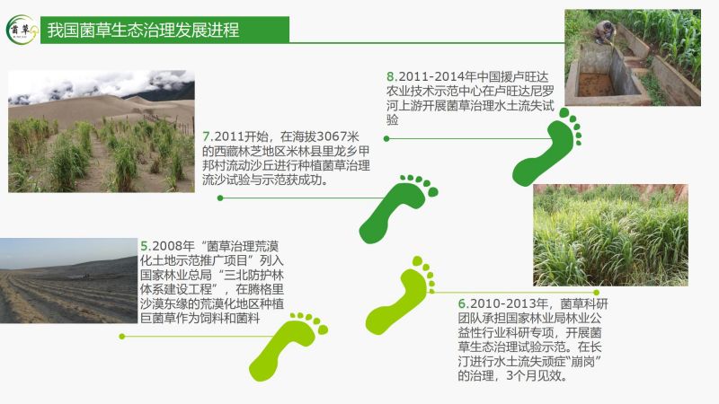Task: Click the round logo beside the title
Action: pyautogui.click(x=22, y=30)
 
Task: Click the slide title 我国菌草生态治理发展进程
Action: pyautogui.click(x=143, y=31)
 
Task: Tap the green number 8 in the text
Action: pyautogui.click(x=390, y=76)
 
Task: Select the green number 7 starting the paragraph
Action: pyautogui.click(x=207, y=136)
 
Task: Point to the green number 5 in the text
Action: pyautogui.click(x=145, y=246)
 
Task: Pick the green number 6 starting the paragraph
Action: pyautogui.click(x=462, y=303)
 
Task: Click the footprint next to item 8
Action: pyautogui.click(x=546, y=146)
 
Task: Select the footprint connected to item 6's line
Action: pyautogui.click(x=400, y=295)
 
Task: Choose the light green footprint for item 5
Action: pyautogui.click(x=288, y=347)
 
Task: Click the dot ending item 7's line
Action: pyautogui.click(x=220, y=198)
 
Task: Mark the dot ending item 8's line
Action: pyautogui.click(x=386, y=138)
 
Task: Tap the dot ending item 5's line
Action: pyautogui.click(x=122, y=336)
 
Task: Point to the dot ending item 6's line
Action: pyautogui.click(x=596, y=293)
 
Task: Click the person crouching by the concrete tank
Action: pyautogui.click(x=605, y=32)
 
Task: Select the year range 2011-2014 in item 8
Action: pyautogui.click(x=431, y=76)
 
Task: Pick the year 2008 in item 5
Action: pyautogui.click(x=167, y=246)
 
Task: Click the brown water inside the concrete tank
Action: pyautogui.click(x=595, y=84)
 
